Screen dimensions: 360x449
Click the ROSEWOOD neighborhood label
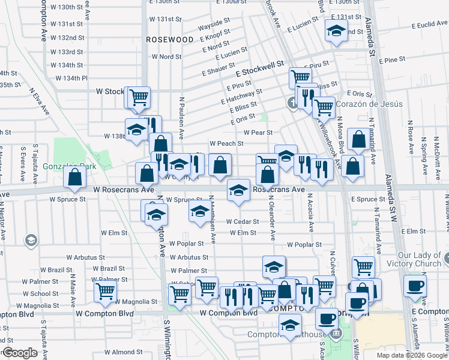coord(170,40)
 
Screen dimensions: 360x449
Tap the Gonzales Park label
coord(61,166)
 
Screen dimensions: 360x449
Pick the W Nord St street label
coord(166,57)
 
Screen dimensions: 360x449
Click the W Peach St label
coord(226,143)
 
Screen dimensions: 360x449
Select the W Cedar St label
coord(242,221)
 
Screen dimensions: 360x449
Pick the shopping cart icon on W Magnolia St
coord(105,292)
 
